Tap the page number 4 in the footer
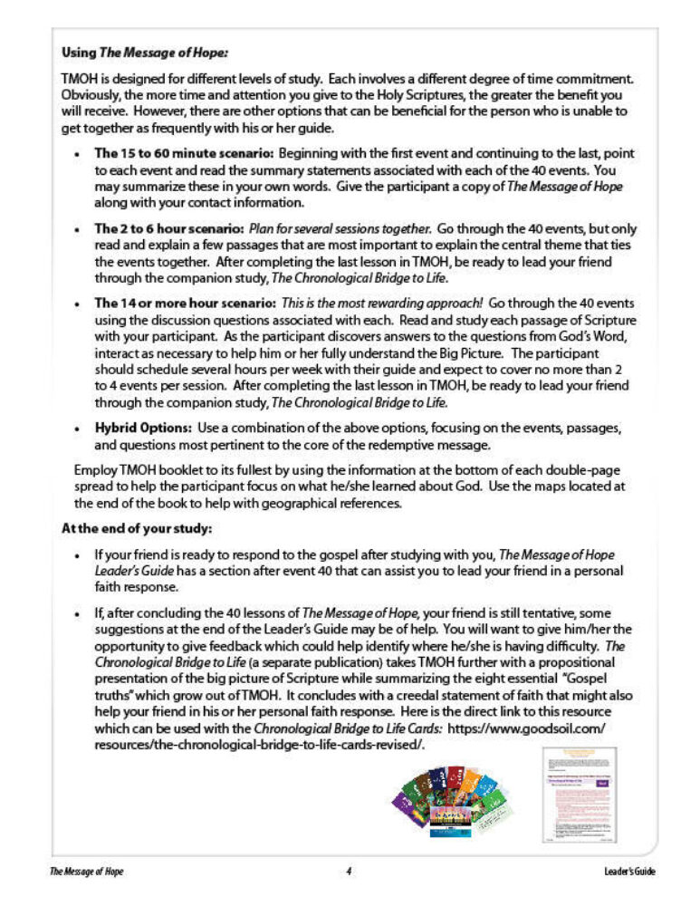point(349,872)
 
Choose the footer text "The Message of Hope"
point(87,872)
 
